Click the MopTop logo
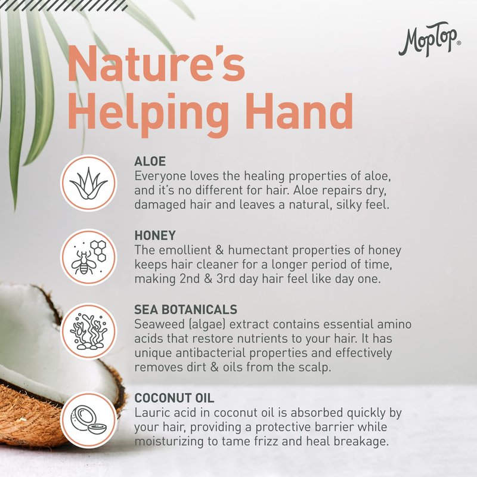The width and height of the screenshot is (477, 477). [429, 39]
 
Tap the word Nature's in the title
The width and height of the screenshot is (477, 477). [156, 64]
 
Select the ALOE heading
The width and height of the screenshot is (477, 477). [150, 161]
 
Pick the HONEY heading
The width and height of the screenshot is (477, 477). [155, 236]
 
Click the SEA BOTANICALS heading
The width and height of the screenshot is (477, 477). [185, 309]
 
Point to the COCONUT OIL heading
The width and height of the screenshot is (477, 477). [174, 398]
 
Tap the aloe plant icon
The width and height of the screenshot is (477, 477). [88, 184]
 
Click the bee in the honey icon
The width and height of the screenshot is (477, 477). [83, 262]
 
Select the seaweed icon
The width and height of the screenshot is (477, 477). [88, 332]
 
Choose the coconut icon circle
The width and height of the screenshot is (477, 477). [88, 420]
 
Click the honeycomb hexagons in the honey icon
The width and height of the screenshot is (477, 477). [99, 250]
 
